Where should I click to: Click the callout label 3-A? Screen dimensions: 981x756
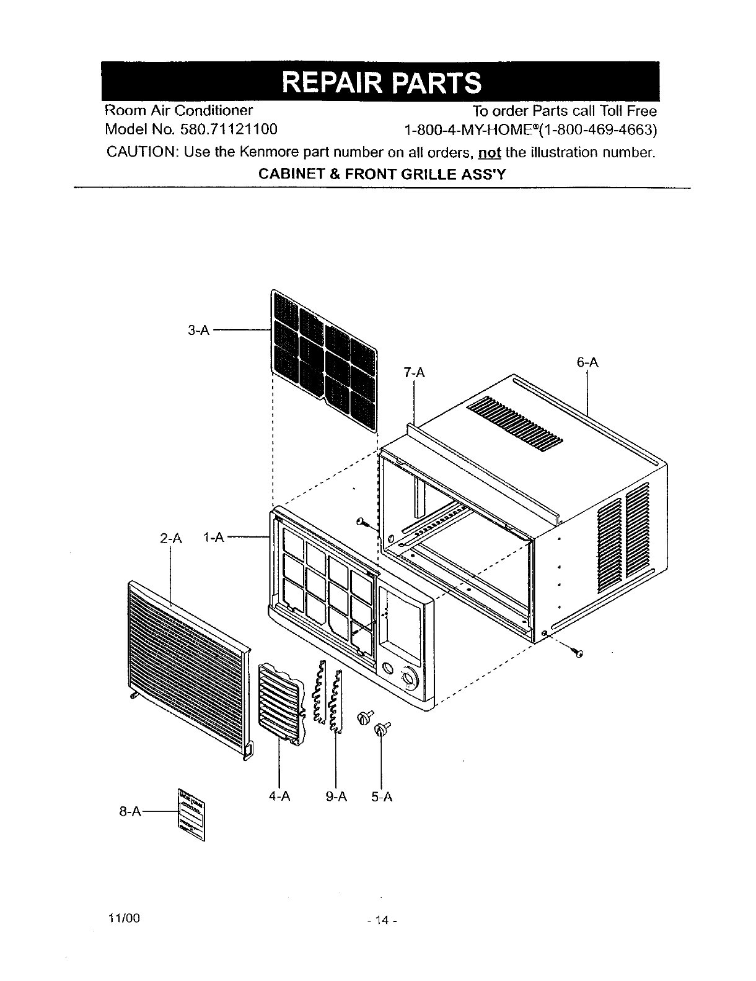click(x=198, y=331)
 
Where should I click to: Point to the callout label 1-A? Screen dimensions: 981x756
click(x=213, y=538)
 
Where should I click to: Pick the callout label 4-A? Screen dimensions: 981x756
click(x=280, y=796)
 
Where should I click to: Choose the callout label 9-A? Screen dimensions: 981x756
click(x=336, y=796)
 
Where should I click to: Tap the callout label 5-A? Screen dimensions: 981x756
click(x=382, y=796)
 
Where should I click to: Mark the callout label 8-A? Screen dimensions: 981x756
click(x=130, y=811)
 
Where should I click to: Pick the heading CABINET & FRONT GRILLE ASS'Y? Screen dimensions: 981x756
click(x=382, y=174)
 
